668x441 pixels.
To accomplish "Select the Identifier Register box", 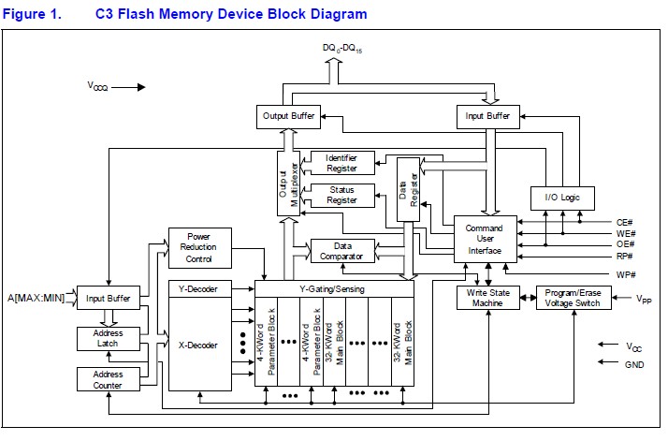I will [341, 162].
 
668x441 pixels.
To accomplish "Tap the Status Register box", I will [341, 195].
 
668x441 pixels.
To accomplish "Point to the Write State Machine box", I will [486, 298].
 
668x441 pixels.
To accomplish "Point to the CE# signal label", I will [625, 222].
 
